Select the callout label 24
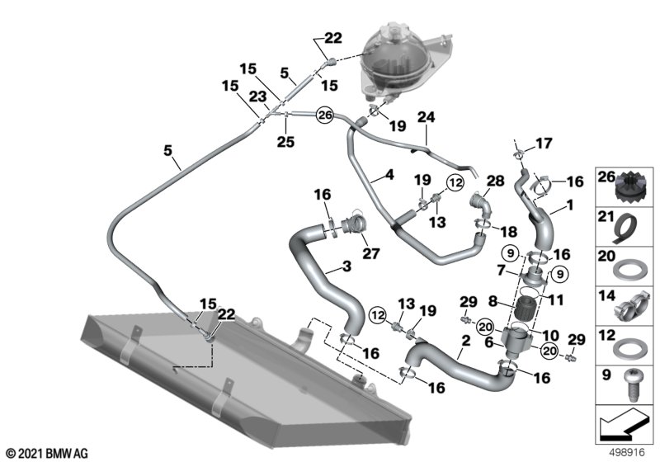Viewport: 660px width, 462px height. [426, 117]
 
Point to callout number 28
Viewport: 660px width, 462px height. [494, 181]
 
